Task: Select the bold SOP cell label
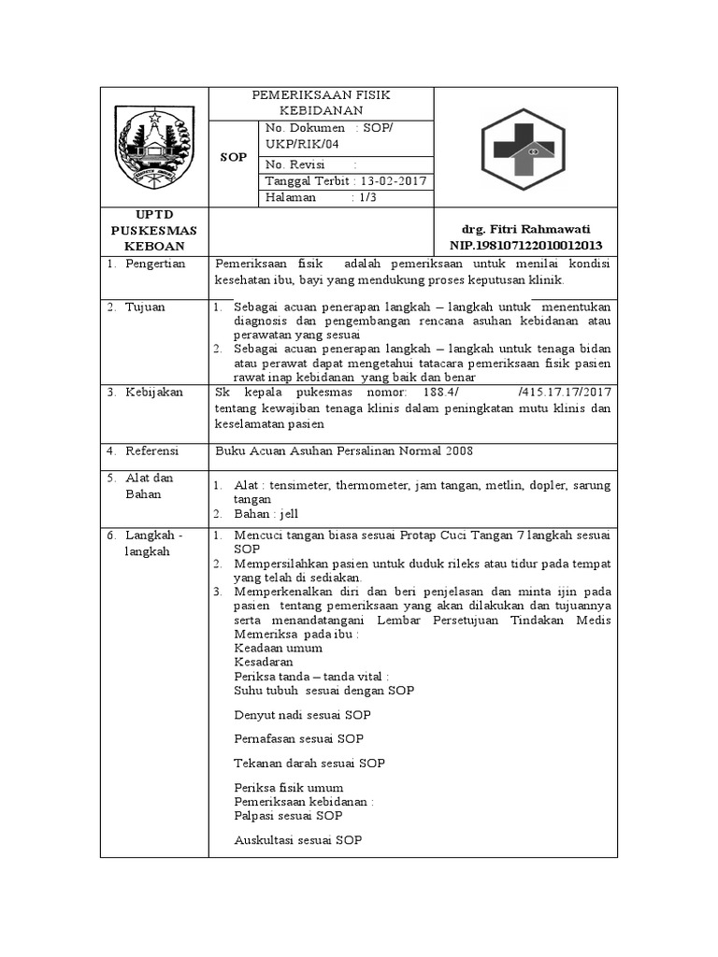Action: tap(234, 158)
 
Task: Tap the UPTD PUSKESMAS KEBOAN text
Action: tap(154, 230)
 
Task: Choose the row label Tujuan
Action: tap(146, 307)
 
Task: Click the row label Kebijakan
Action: tap(154, 391)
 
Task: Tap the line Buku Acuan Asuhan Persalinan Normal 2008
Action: tap(344, 450)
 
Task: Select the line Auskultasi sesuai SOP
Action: tap(297, 840)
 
